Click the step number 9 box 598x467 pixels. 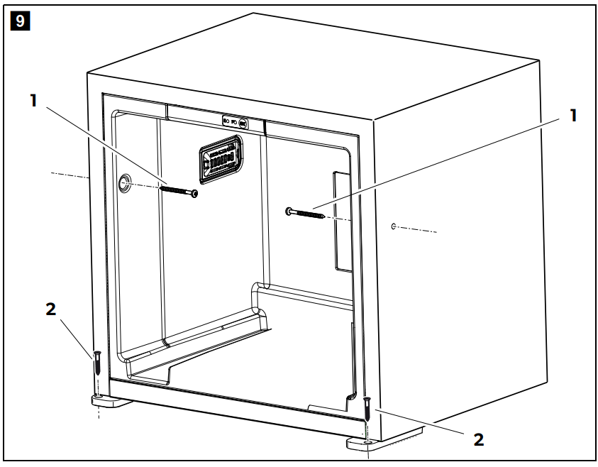pyautogui.click(x=19, y=21)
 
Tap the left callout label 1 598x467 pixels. pyautogui.click(x=33, y=101)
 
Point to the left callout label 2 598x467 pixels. pyautogui.click(x=50, y=310)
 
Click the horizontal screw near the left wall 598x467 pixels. pyautogui.click(x=179, y=191)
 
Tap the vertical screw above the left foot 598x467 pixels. pyautogui.click(x=97, y=366)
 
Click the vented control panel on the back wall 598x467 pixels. pyautogui.click(x=221, y=157)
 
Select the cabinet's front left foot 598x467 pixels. pyautogui.click(x=110, y=402)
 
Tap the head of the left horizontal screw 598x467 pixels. pyautogui.click(x=194, y=193)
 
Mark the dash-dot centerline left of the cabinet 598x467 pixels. pyautogui.click(x=67, y=175)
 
